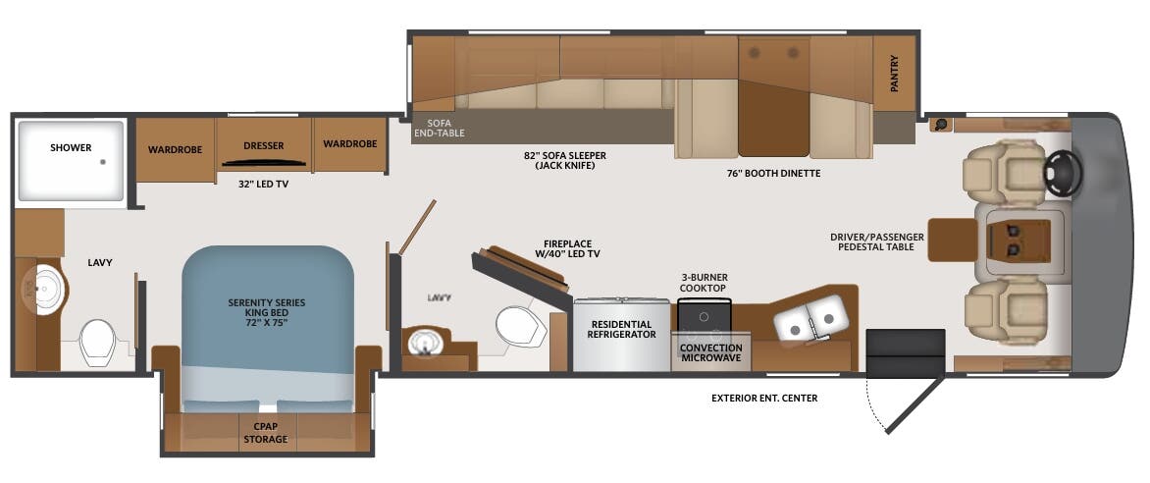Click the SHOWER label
(71, 148)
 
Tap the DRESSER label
(263, 146)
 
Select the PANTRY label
(894, 74)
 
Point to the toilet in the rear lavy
(98, 342)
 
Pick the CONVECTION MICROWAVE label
(711, 354)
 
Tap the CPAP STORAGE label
(265, 433)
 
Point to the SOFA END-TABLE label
(439, 128)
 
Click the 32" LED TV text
(263, 184)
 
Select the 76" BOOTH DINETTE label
(772, 174)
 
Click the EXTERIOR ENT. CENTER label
(764, 398)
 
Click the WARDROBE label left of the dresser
(175, 150)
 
